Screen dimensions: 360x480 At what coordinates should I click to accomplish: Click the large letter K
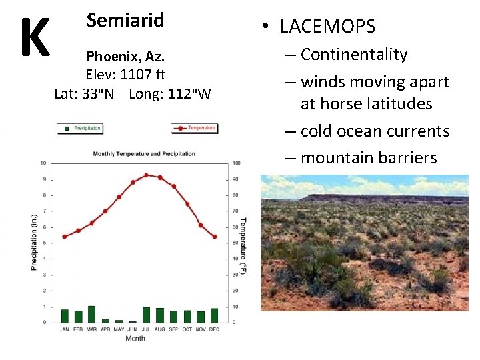(34, 37)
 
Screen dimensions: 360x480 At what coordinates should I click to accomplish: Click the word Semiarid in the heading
(125, 20)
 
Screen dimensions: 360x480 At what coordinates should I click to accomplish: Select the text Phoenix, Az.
(125, 57)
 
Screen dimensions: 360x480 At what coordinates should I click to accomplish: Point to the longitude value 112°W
(170, 93)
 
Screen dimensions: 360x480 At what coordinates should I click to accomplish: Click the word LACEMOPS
(327, 27)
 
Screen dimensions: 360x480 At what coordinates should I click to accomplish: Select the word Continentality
(353, 55)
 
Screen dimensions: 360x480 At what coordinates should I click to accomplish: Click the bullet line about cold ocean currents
(375, 131)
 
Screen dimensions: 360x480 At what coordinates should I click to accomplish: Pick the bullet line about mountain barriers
(369, 158)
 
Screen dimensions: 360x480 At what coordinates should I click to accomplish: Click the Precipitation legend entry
(83, 128)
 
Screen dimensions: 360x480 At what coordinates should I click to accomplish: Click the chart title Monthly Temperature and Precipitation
(144, 154)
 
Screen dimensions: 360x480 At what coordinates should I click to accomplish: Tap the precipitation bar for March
(91, 314)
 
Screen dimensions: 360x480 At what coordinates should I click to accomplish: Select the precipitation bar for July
(146, 315)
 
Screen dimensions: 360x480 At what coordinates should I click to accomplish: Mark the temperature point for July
(146, 175)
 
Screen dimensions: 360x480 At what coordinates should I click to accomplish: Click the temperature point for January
(65, 237)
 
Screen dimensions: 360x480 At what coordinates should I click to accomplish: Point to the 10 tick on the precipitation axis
(43, 163)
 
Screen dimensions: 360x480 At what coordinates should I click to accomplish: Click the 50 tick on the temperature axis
(236, 243)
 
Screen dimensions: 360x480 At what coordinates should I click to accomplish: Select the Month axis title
(135, 339)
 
